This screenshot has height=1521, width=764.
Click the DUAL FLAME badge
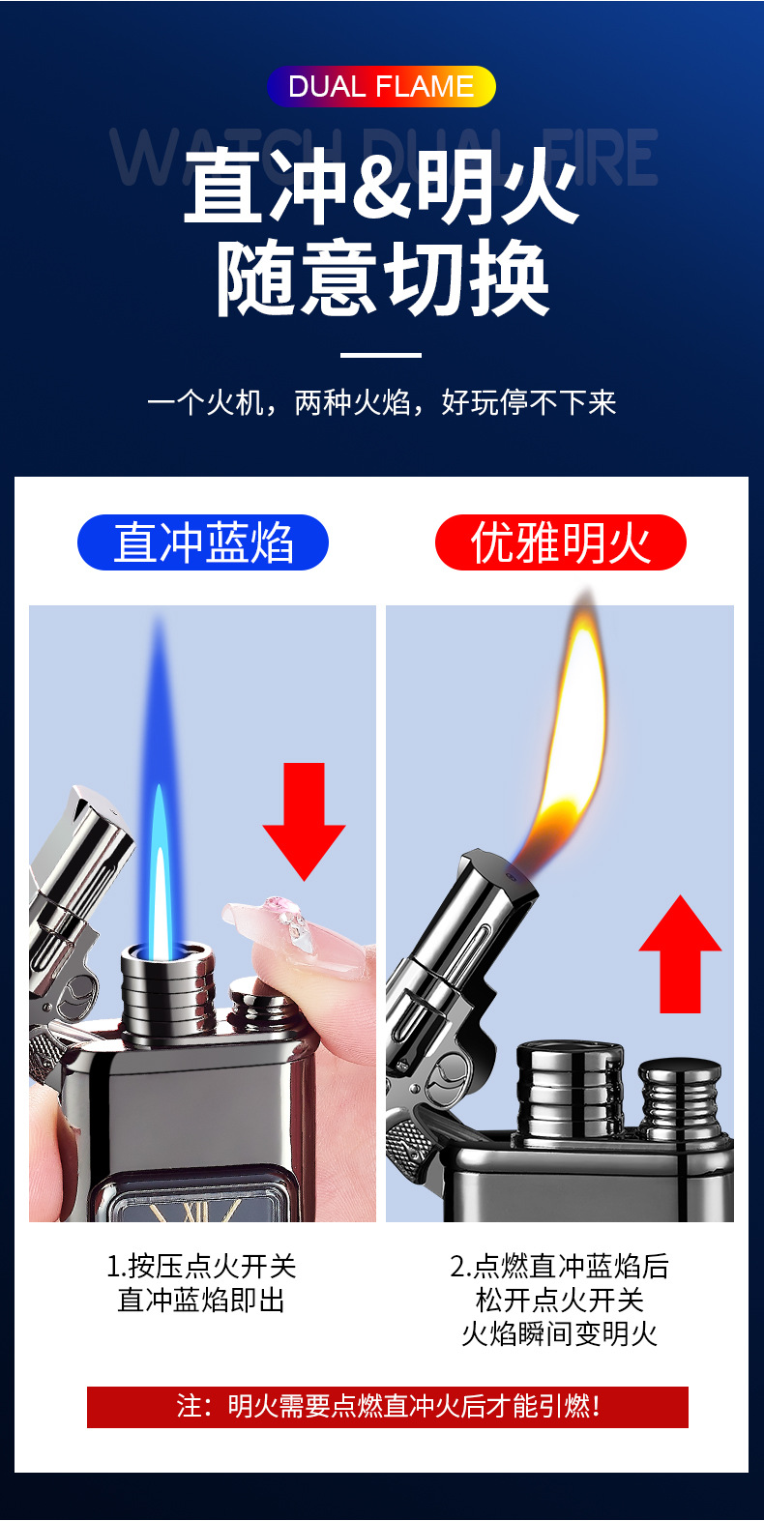point(381,86)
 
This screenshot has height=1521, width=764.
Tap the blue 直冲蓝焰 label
point(203,542)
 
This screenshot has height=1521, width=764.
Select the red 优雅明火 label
point(561,542)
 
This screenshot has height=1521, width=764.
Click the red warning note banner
point(388,1407)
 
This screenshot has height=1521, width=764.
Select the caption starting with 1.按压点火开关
point(201,1283)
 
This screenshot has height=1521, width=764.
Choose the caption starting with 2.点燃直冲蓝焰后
point(560,1300)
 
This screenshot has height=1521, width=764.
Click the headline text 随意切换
point(383,279)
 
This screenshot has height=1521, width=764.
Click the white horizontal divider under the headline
point(381,355)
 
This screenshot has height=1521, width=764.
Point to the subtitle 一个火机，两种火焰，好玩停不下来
point(381,402)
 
